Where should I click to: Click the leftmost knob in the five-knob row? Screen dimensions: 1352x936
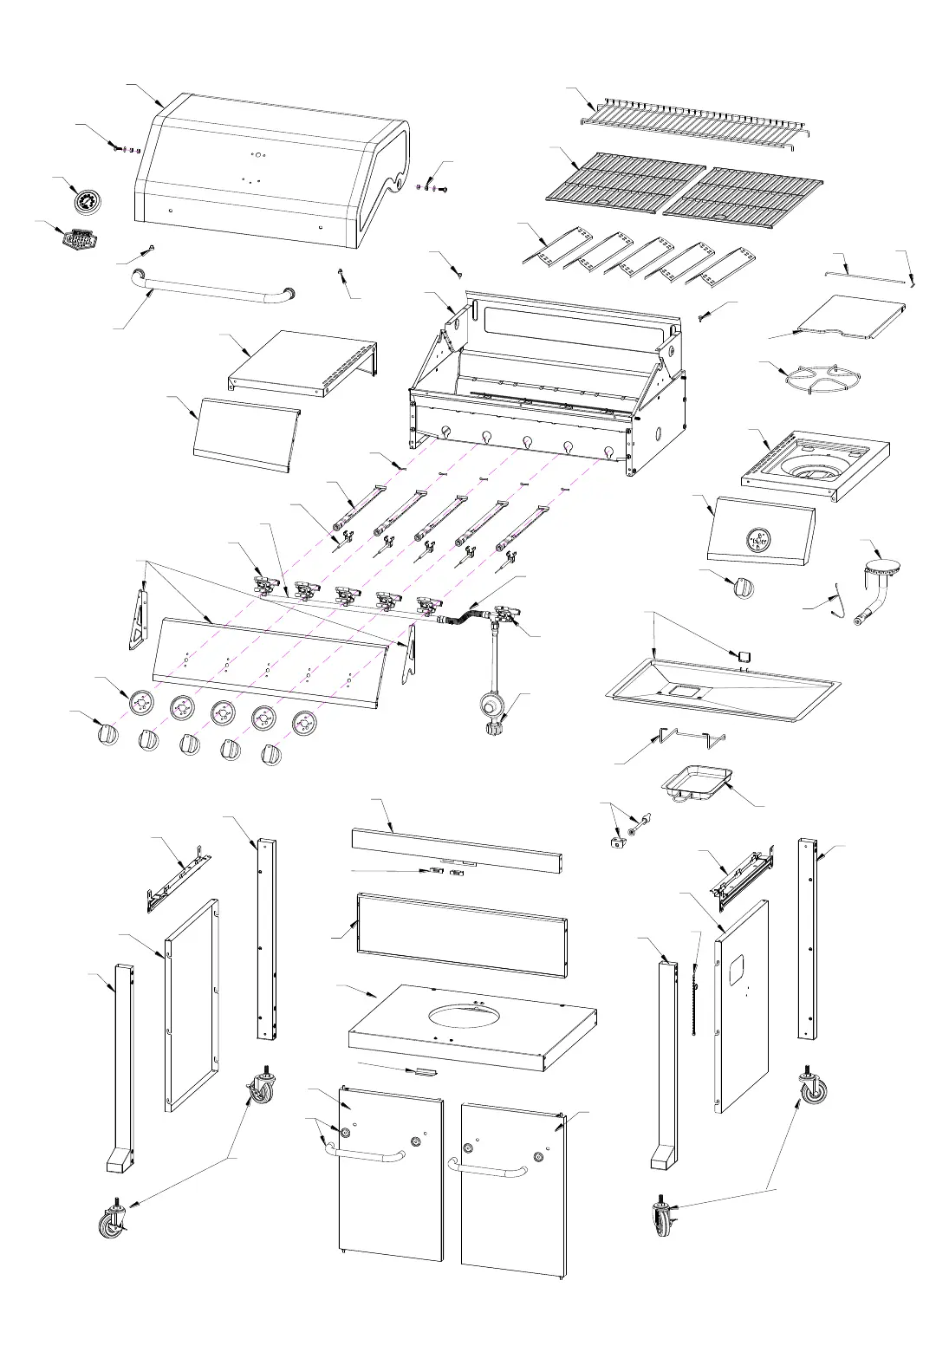pyautogui.click(x=107, y=734)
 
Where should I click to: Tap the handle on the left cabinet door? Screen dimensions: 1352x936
pyautogui.click(x=367, y=1154)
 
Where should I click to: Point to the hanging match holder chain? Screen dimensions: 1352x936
pyautogui.click(x=696, y=997)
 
